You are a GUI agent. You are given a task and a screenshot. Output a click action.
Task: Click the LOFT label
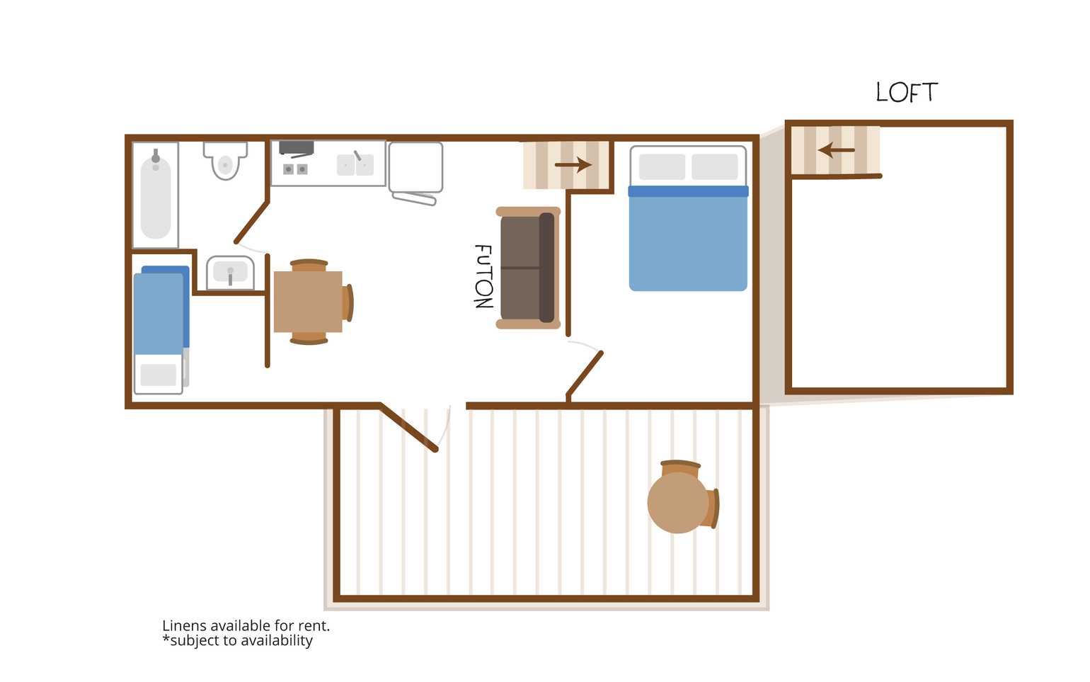(907, 93)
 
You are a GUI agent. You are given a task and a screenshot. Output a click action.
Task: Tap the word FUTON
(483, 276)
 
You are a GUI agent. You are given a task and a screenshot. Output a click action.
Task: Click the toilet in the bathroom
(225, 160)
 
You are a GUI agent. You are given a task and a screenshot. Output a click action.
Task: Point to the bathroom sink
(230, 273)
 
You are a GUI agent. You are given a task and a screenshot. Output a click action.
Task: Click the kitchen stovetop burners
(295, 169)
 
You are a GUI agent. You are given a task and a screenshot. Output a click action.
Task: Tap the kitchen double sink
(355, 164)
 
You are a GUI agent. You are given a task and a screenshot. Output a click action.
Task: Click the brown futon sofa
(528, 268)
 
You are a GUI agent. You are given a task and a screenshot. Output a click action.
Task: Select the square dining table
(308, 302)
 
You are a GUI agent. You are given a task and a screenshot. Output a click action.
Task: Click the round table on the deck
(678, 503)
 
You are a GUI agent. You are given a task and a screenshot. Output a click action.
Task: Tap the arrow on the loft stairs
(836, 150)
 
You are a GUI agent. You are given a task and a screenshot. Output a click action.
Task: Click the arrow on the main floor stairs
(573, 165)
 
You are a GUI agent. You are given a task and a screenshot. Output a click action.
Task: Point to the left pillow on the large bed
(662, 167)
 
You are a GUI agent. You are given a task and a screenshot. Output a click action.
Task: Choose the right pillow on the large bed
(715, 167)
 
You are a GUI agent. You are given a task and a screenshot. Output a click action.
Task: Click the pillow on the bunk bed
(158, 375)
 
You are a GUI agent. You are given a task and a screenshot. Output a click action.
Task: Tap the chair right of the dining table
(348, 303)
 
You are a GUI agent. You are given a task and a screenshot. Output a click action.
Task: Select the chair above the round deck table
(680, 468)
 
